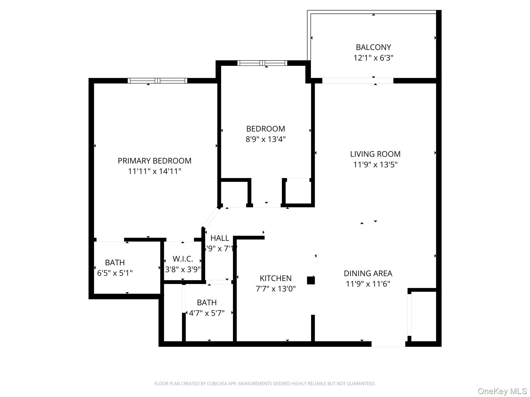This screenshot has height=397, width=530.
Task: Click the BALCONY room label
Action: tap(373, 47)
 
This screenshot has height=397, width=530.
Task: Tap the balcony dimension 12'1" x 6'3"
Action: tap(373, 58)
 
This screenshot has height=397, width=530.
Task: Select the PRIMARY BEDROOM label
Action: tap(154, 161)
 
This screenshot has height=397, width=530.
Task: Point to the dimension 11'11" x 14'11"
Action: tap(154, 171)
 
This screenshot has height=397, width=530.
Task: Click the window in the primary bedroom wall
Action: tap(157, 81)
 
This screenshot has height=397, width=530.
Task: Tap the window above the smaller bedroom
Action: tap(262, 63)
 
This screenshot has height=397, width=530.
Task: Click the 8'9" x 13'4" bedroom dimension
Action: tap(266, 139)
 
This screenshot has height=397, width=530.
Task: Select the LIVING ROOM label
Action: tap(375, 154)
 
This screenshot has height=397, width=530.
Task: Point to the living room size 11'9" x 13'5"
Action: tap(375, 165)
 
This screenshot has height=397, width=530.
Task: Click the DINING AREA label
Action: tap(368, 273)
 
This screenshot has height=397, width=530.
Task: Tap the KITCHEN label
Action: tap(276, 278)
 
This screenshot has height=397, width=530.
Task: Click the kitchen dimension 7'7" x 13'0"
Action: tap(276, 289)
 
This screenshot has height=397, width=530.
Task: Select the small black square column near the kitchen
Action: tap(311, 280)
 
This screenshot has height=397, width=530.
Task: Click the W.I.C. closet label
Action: tap(183, 259)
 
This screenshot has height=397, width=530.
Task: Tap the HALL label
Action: tap(220, 238)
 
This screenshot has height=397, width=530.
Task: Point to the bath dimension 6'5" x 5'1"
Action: tap(115, 273)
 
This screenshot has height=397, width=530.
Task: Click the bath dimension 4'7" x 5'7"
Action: tap(207, 313)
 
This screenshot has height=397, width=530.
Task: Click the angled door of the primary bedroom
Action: tap(211, 218)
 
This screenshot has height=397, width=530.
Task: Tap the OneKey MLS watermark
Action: tap(502, 391)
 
